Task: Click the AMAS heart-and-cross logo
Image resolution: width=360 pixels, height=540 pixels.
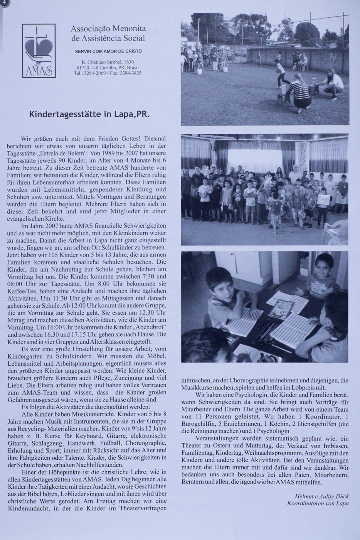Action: pos(39,51)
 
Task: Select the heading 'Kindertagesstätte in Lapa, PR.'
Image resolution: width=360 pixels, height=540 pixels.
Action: pos(89,115)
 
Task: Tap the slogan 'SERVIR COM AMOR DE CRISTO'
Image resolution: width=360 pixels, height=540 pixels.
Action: pos(108,51)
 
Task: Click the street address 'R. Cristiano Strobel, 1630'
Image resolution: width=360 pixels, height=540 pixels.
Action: pos(108,62)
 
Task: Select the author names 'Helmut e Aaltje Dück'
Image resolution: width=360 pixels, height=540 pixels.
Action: pos(321,496)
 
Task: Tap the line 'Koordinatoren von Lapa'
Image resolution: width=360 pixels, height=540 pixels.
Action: pos(318,503)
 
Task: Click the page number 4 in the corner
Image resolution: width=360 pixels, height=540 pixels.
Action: pos(2,3)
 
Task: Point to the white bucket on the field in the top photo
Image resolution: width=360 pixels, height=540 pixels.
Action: pos(200,71)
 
